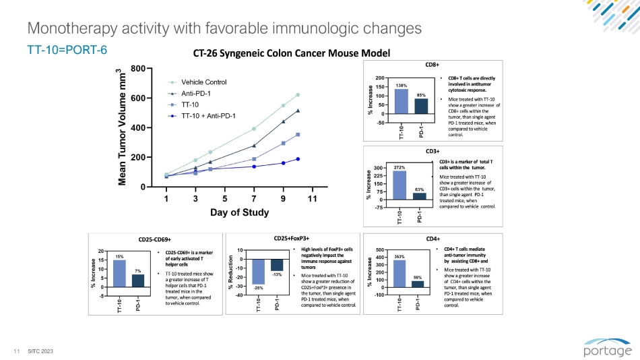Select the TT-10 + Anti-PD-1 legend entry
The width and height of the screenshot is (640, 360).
tap(207, 116)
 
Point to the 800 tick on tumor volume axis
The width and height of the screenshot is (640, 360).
tap(136, 69)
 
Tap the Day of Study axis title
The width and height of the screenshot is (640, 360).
tap(239, 213)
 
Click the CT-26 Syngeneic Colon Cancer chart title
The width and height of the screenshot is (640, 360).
tap(291, 53)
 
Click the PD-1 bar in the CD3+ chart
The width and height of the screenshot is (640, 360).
tap(420, 196)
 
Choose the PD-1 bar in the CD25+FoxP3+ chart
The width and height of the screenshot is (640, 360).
tap(277, 265)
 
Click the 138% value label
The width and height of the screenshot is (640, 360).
tap(402, 86)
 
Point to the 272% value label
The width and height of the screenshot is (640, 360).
tap(400, 167)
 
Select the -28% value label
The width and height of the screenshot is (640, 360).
tap(259, 288)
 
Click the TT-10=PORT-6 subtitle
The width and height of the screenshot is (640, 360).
tap(67, 50)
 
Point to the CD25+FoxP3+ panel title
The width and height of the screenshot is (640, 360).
tap(292, 237)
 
